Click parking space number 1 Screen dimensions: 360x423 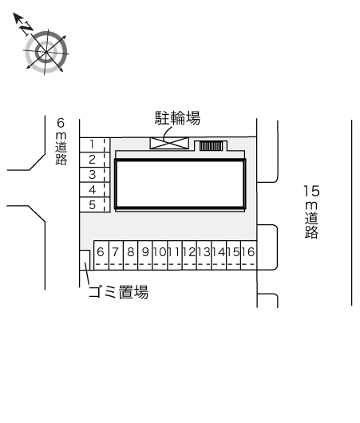[x=95, y=145]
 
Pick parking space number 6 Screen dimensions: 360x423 [x=101, y=255]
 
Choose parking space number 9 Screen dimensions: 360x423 [x=145, y=255]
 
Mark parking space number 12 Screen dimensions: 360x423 [x=189, y=255]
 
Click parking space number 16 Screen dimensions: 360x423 [x=248, y=255]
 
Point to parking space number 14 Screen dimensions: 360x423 [x=219, y=255]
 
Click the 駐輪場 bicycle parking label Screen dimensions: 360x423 [x=177, y=118]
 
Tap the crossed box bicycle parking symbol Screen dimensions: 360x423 [x=169, y=143]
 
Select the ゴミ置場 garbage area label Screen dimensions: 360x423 [x=119, y=292]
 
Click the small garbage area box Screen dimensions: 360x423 [x=85, y=260]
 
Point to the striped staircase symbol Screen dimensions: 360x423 [x=211, y=146]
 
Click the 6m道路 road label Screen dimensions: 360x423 [x=61, y=141]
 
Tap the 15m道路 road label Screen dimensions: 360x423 [x=311, y=211]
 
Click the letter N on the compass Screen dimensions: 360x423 [x=26, y=27]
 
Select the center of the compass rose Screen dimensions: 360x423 [x=46, y=52]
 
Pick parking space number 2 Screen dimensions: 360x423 [x=95, y=160]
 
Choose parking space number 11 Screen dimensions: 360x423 [x=175, y=255]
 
